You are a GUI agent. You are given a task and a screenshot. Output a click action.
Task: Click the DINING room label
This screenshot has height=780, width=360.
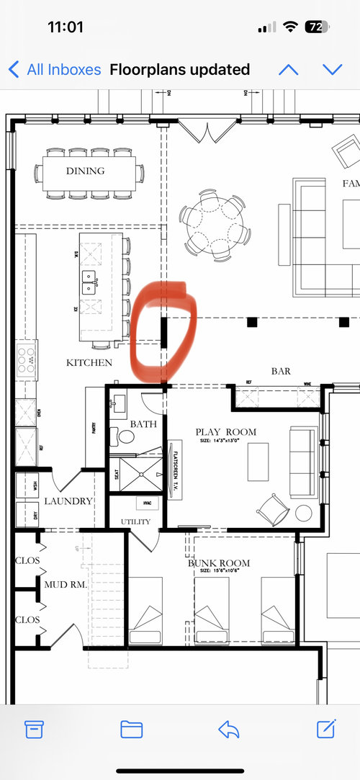point(86,171)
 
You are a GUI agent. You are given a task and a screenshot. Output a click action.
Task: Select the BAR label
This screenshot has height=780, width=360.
point(281,371)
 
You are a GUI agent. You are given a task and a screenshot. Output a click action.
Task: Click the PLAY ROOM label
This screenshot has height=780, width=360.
point(226,432)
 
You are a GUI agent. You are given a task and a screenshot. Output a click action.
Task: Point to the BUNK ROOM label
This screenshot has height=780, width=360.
point(219,562)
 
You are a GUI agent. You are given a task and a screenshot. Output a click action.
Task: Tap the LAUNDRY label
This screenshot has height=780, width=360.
point(68,501)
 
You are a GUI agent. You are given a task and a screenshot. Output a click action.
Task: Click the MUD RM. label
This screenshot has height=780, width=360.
point(66,585)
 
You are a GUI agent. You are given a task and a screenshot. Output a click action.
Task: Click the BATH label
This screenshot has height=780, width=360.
point(143,424)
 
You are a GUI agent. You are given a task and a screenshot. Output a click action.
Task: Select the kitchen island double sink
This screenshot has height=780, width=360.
point(90,281)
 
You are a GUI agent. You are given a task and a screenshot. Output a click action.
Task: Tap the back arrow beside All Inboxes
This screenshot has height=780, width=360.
point(14,70)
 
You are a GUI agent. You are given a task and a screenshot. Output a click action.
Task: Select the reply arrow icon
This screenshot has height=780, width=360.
point(230,729)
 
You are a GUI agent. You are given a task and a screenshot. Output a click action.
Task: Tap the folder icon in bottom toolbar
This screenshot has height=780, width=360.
point(131,729)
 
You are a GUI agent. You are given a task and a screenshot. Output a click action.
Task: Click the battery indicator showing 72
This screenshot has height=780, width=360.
point(316,27)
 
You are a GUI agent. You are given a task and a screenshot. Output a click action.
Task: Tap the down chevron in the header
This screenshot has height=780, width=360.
point(332,70)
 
